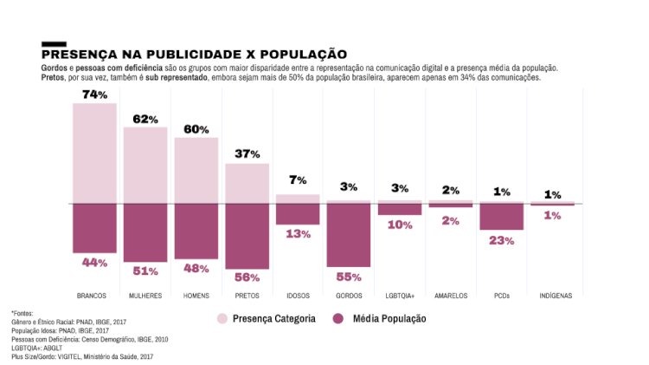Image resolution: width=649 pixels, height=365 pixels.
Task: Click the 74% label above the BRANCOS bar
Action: click(x=94, y=95)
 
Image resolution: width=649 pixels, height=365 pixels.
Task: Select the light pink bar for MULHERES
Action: click(x=145, y=166)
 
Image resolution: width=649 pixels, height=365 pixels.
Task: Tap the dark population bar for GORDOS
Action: click(x=349, y=235)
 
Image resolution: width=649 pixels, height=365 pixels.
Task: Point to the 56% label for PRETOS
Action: click(x=247, y=277)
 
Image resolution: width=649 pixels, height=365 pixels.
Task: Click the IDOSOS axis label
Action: click(x=298, y=296)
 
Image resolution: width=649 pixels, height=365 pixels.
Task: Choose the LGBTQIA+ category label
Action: click(x=399, y=296)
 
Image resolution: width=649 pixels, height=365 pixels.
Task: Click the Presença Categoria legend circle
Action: click(x=222, y=319)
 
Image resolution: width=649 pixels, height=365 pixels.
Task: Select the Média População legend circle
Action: click(x=337, y=319)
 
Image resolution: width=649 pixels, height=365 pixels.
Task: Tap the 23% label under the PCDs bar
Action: click(x=502, y=240)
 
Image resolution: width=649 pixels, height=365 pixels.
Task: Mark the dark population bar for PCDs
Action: click(x=502, y=217)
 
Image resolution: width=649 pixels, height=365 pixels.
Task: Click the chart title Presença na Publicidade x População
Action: click(x=194, y=55)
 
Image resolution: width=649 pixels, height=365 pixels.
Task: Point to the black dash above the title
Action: click(x=54, y=43)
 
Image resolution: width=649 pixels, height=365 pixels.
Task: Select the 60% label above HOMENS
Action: click(x=196, y=129)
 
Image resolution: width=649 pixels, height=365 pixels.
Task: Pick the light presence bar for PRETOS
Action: click(x=247, y=184)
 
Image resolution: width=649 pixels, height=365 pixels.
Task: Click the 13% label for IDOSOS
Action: click(x=298, y=234)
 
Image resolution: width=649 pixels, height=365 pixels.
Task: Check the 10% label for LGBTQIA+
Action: click(x=399, y=225)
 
